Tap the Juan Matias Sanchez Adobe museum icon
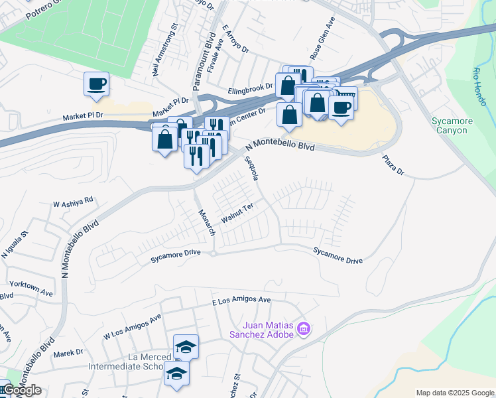(x=304, y=329)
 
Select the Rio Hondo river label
(x=480, y=86)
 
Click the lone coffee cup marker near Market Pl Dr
(x=96, y=84)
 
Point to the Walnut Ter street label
(x=238, y=214)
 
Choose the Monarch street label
(x=208, y=222)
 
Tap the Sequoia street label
(x=251, y=170)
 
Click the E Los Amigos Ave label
(x=242, y=300)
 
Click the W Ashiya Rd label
(x=74, y=201)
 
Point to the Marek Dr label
(x=69, y=352)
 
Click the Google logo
(x=21, y=390)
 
